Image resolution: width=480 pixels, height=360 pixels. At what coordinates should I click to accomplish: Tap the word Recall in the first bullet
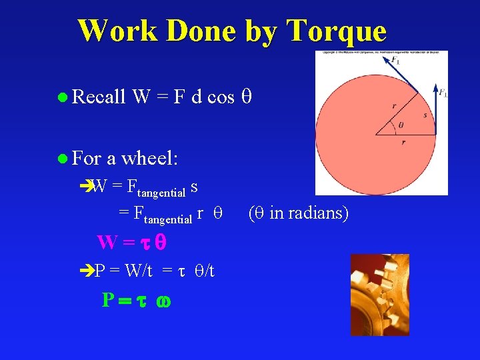coord(99,97)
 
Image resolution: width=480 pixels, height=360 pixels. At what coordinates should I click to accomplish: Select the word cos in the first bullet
coord(221,97)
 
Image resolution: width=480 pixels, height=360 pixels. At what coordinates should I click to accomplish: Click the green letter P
coord(108,300)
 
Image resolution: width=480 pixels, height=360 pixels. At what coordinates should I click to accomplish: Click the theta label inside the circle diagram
coord(400,125)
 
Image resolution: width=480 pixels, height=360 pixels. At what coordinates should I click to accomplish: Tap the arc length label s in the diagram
coord(425,115)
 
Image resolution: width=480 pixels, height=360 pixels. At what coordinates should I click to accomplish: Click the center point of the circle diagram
coord(375,134)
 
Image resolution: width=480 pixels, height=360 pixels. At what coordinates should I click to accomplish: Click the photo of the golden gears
coord(379,294)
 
